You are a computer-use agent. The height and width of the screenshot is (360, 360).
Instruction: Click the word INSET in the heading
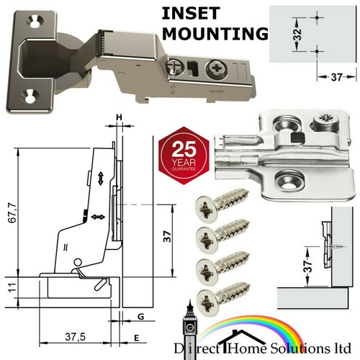click(x=191, y=14)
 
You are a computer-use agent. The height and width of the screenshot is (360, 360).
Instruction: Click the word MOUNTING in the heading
click(x=215, y=34)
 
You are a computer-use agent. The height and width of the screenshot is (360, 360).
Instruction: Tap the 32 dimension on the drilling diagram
click(x=297, y=35)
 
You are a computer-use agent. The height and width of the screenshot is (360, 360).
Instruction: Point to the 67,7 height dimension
click(x=13, y=212)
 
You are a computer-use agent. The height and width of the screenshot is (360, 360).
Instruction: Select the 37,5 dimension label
click(x=75, y=337)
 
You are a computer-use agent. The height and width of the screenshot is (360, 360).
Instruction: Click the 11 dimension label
click(x=12, y=287)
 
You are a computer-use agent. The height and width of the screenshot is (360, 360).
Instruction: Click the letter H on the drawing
click(x=120, y=117)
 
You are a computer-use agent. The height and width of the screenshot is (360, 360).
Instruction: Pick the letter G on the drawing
click(x=141, y=317)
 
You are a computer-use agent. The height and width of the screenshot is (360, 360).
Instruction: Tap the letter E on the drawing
click(x=137, y=338)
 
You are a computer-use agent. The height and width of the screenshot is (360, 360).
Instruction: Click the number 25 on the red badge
click(x=184, y=149)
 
